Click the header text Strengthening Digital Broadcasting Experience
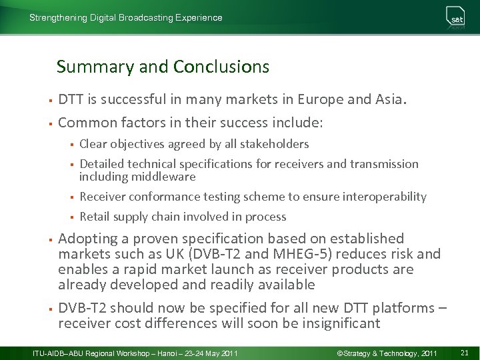(x=125, y=18)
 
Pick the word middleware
(x=163, y=177)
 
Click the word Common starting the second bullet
(x=87, y=123)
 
